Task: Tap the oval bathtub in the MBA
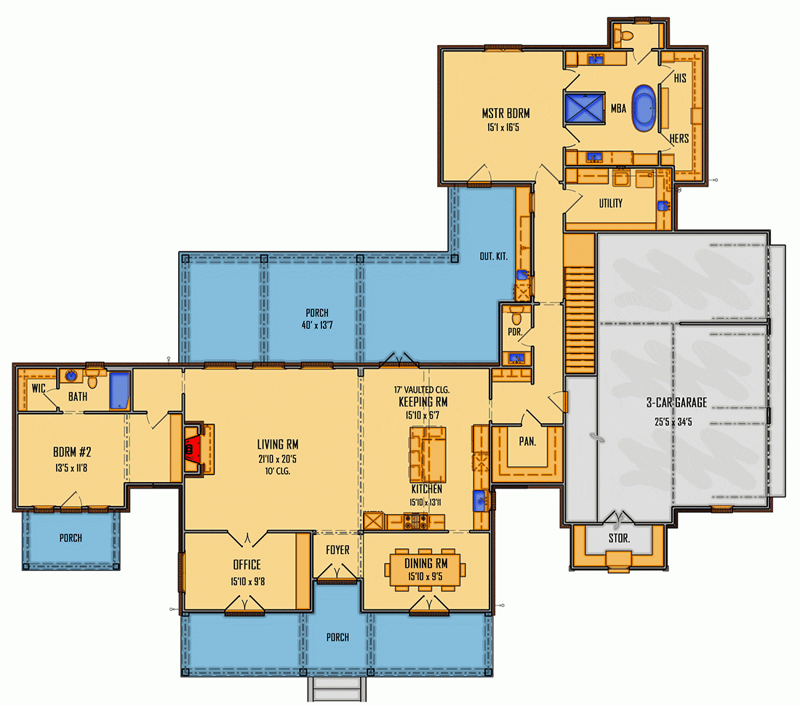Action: pos(643,108)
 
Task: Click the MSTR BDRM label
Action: pos(505,113)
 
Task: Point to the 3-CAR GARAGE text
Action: pos(676,403)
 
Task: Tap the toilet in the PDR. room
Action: pos(517,316)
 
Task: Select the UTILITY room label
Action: pos(610,204)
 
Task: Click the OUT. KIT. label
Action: pos(493,257)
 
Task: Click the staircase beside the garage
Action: pos(580,305)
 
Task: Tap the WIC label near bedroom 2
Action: pos(38,389)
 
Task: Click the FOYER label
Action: pos(337,550)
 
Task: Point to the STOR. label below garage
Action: pos(618,539)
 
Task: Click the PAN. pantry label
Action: pos(527,441)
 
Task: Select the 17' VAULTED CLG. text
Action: pos(422,389)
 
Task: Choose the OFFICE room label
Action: pos(247,565)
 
